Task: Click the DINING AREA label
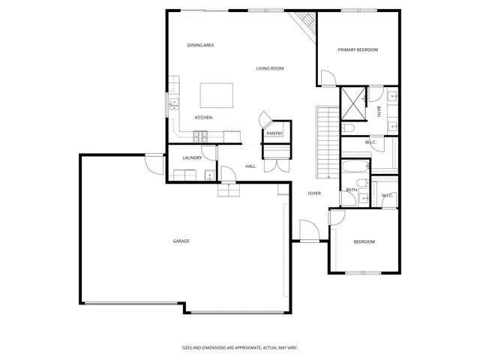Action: point(201,46)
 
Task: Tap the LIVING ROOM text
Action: point(269,68)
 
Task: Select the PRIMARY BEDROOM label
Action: point(358,50)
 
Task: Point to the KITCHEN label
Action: point(203,118)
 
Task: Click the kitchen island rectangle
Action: point(216,95)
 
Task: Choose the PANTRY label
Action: point(274,133)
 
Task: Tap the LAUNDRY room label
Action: point(192,157)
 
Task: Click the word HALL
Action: point(250,166)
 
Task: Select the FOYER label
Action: point(314,193)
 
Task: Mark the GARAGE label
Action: point(181,241)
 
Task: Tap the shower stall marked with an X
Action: point(352,104)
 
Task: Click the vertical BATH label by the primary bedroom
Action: point(379,112)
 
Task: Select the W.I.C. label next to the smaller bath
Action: point(387,196)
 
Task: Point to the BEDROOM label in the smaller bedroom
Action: point(364,241)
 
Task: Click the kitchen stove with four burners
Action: point(201,136)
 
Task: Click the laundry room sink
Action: point(210,176)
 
